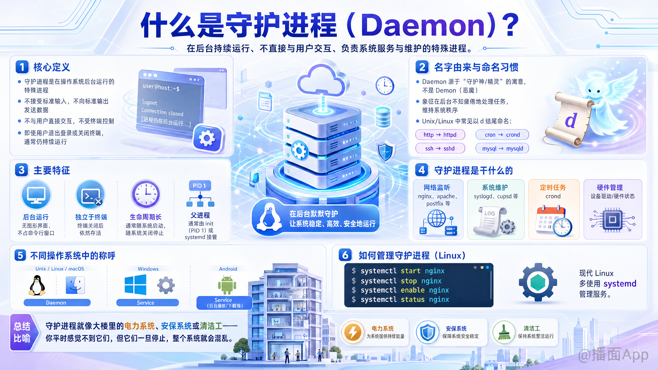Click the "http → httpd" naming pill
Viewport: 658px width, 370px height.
[x=440, y=135]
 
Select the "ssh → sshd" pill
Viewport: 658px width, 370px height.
[x=440, y=148]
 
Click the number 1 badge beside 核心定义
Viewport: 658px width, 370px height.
[x=22, y=67]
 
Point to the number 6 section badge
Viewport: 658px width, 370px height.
[x=345, y=255]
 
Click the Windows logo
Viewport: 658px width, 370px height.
[x=135, y=285]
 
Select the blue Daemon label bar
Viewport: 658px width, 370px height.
[x=57, y=303]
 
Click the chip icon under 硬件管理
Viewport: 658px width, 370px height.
[x=612, y=219]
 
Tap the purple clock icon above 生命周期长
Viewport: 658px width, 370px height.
[x=146, y=194]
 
